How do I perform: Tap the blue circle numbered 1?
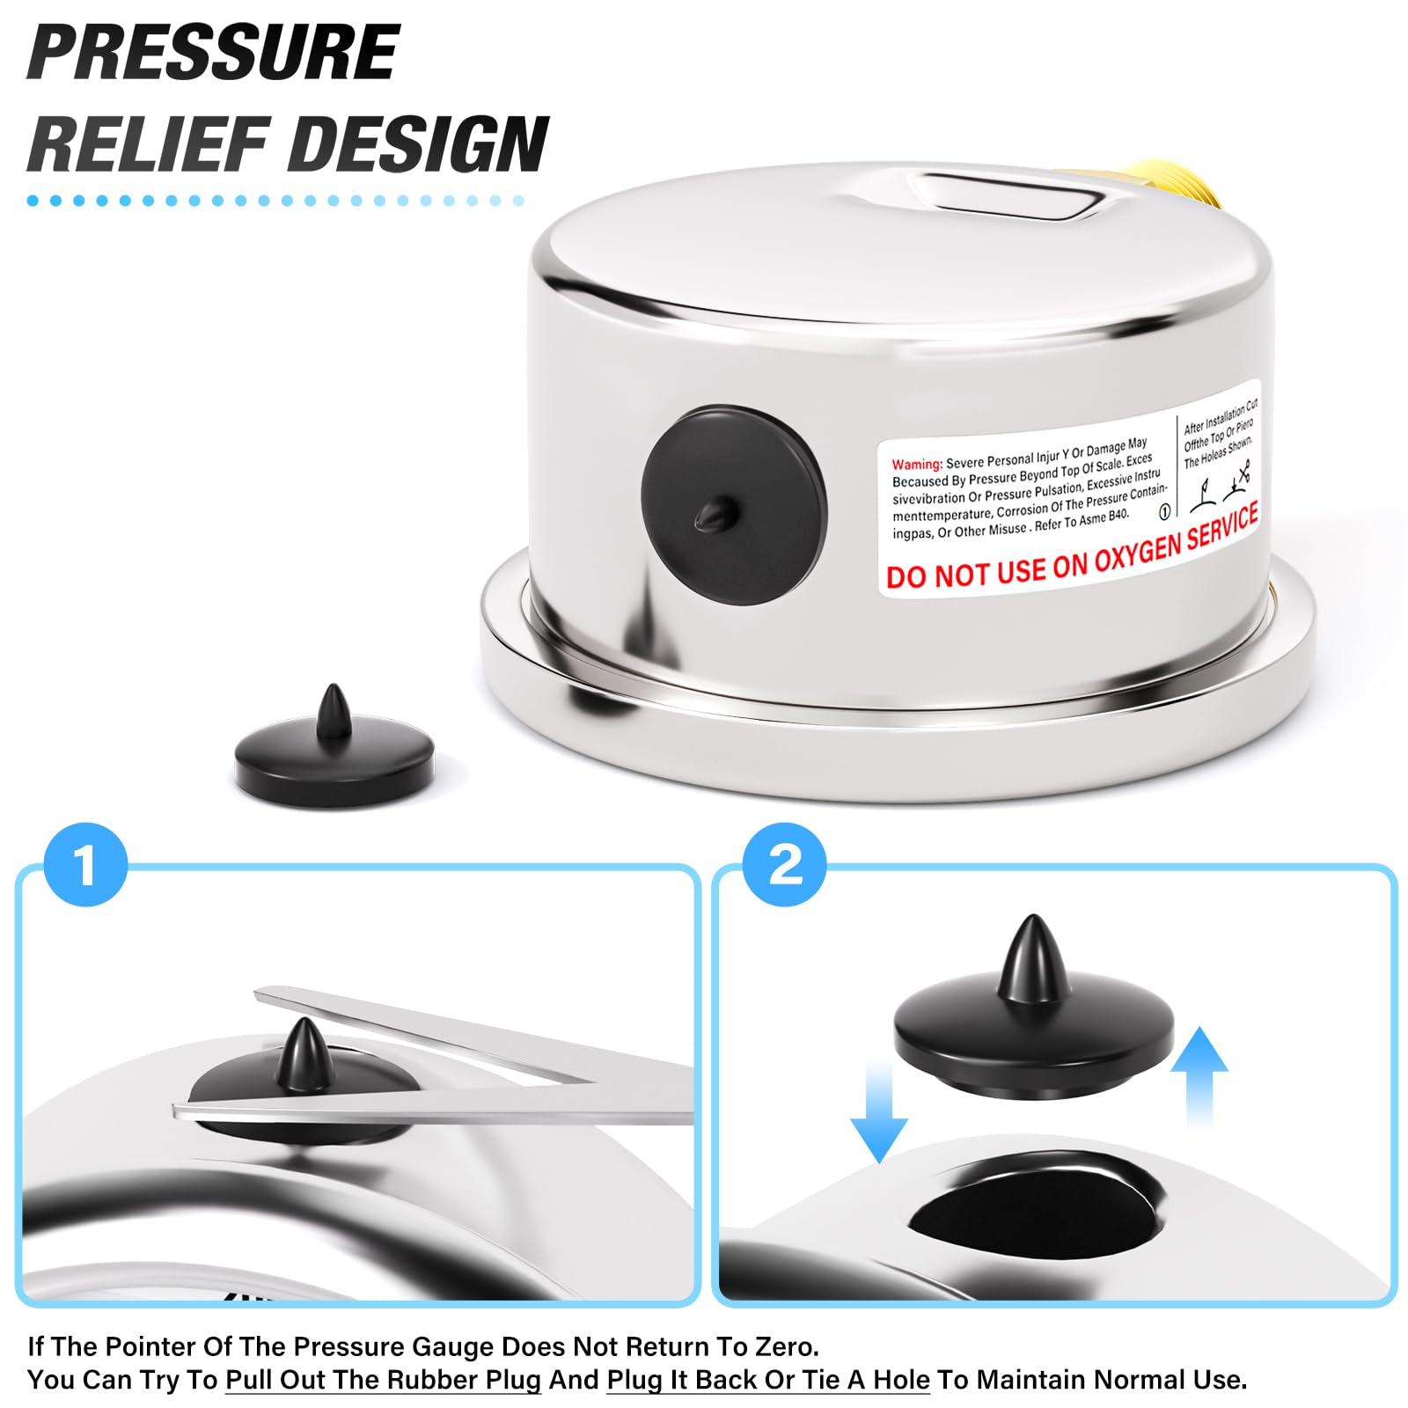[85, 864]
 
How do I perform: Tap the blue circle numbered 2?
[785, 864]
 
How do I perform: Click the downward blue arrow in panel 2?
[879, 1111]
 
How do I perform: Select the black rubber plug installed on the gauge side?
[734, 505]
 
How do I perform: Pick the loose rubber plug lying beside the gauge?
[334, 748]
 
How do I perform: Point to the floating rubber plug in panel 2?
[1034, 1012]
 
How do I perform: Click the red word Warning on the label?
[917, 464]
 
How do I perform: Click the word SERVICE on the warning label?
[1222, 526]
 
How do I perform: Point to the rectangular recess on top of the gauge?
[1010, 197]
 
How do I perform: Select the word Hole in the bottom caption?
[901, 1379]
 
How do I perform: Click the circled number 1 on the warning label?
[1164, 512]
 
